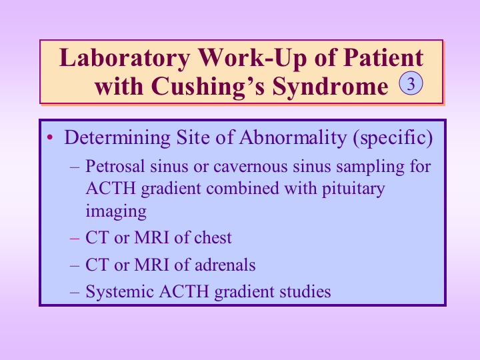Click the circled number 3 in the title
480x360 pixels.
(411, 83)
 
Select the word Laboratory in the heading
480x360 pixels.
(125, 58)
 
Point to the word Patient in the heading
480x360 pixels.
(383, 57)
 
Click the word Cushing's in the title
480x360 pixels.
(208, 87)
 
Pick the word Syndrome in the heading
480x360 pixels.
(330, 87)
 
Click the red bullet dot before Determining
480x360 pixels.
(50, 137)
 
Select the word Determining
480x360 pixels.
(117, 138)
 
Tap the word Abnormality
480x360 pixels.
(293, 137)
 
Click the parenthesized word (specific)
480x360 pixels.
(393, 138)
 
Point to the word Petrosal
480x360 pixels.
(115, 167)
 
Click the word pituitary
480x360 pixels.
(353, 189)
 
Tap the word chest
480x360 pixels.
(213, 237)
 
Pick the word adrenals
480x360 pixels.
(225, 265)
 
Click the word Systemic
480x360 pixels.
(120, 292)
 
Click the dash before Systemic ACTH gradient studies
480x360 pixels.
(75, 292)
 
